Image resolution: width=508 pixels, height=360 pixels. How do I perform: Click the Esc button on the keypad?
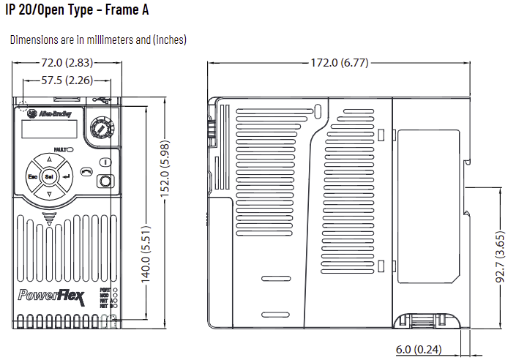pos(33,177)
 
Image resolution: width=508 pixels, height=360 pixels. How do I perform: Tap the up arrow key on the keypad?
pos(49,159)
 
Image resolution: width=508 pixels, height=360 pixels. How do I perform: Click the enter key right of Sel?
pos(67,177)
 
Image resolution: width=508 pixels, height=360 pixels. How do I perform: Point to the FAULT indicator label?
pos(60,149)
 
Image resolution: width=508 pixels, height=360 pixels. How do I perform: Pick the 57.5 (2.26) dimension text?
pos(65,80)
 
